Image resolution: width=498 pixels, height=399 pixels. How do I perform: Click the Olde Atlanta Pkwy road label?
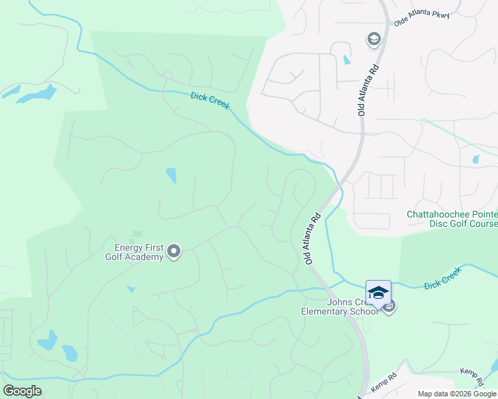(421, 18)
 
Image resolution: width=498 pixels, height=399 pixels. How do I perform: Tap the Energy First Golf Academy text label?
(134, 253)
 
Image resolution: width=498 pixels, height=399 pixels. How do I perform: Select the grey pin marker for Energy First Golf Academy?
(174, 251)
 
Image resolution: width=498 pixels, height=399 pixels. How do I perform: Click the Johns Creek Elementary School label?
(339, 307)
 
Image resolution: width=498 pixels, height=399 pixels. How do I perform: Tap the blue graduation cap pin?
(378, 293)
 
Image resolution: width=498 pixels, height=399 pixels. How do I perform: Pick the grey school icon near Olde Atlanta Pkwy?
(373, 39)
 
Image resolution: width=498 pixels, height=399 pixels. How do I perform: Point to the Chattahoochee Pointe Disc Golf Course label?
(452, 219)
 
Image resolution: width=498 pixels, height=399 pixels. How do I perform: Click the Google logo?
(22, 391)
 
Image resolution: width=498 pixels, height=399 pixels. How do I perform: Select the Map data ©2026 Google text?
(456, 394)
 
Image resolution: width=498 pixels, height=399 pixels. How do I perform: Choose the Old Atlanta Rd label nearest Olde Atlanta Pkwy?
(370, 90)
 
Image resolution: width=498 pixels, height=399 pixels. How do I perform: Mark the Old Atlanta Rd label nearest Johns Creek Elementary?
(314, 239)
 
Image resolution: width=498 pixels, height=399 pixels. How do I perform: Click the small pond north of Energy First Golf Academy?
(171, 175)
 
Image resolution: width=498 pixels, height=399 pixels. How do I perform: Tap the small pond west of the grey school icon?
(346, 59)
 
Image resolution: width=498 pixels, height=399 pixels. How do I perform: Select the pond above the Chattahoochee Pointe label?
(475, 160)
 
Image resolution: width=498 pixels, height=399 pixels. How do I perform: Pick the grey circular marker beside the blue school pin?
(389, 306)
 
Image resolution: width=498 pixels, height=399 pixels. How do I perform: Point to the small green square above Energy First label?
(137, 234)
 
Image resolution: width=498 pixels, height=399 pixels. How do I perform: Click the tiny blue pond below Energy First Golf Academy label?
(131, 289)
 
